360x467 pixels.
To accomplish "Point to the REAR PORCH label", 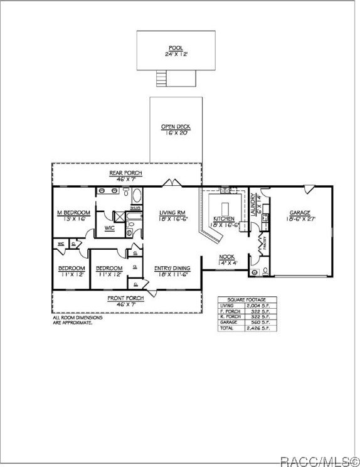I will pyautogui.click(x=126, y=173).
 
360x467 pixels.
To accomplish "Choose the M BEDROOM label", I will pyautogui.click(x=73, y=213).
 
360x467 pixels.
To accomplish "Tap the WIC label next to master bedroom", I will pyautogui.click(x=109, y=228).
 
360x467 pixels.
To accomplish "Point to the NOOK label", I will pyautogui.click(x=226, y=256).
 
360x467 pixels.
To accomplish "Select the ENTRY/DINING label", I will pyautogui.click(x=171, y=268).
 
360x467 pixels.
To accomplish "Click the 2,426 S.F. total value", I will pyautogui.click(x=258, y=328).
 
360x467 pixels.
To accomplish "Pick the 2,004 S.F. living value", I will pyautogui.click(x=258, y=305).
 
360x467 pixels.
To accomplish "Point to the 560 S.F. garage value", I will pyautogui.click(x=258, y=322).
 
